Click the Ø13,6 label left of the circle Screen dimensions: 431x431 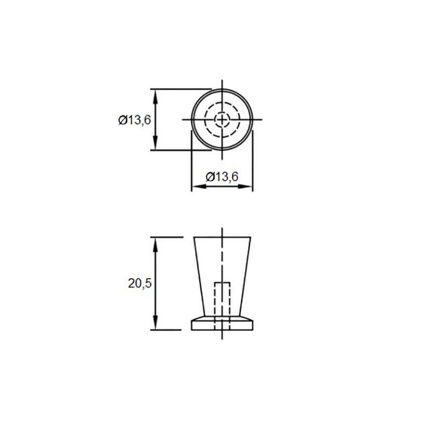point(135,120)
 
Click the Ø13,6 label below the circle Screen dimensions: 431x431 point(222,177)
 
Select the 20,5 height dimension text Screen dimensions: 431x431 point(140,283)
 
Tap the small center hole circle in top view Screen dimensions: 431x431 point(222,120)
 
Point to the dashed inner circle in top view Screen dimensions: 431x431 point(222,102)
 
